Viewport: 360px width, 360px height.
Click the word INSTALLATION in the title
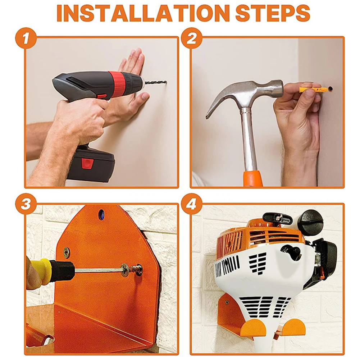pos(143,13)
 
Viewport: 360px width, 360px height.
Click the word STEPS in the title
pos(273,13)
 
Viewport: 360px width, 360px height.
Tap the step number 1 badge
pos(26,38)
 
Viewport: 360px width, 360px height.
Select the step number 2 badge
pos(191,38)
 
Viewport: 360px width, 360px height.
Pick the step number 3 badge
pos(26,204)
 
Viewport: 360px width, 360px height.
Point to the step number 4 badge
pos(191,204)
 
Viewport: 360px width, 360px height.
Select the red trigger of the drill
pos(102,97)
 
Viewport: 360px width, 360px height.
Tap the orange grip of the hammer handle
pos(253,178)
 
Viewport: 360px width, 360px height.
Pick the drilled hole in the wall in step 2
pos(331,88)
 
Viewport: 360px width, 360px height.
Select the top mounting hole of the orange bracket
pos(101,214)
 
